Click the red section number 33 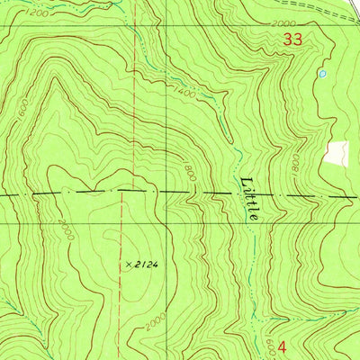tap(292, 40)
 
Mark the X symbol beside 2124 tap(129, 264)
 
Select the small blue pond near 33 tap(321, 74)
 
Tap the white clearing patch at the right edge tap(337, 152)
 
